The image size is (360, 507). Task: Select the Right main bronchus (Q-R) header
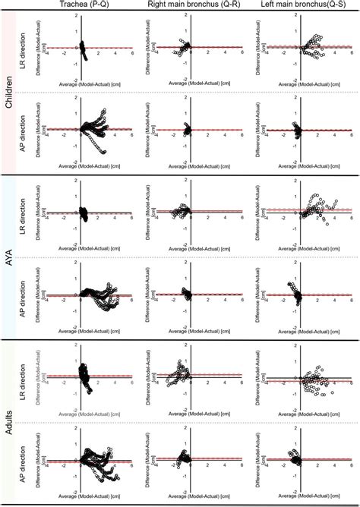click(x=194, y=5)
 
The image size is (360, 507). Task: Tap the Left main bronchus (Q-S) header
click(x=304, y=5)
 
